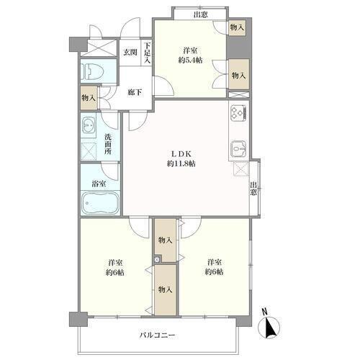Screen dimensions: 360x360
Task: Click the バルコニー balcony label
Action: click(158, 335)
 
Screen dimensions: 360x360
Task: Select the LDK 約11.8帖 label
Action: click(181, 158)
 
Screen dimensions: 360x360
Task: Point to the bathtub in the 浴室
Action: click(100, 203)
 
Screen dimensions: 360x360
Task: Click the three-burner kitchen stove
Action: click(238, 113)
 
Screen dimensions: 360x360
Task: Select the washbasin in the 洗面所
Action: click(89, 125)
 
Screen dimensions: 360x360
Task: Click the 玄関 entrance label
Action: click(130, 53)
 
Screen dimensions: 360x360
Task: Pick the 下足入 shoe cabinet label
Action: click(148, 53)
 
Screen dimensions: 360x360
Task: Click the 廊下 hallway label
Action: click(135, 92)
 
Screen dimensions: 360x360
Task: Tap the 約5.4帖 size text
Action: click(190, 60)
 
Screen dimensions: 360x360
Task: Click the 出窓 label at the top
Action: click(200, 15)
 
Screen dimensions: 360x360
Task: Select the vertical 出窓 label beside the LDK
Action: click(253, 189)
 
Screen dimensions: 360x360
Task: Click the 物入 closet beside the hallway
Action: click(89, 98)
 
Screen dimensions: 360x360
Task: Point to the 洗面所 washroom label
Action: click(108, 144)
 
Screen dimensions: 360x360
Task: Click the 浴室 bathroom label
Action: click(99, 184)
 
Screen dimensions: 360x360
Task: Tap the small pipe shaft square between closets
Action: click(157, 259)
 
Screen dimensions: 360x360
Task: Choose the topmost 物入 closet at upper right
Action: click(237, 27)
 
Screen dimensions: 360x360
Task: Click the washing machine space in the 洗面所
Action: click(89, 151)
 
